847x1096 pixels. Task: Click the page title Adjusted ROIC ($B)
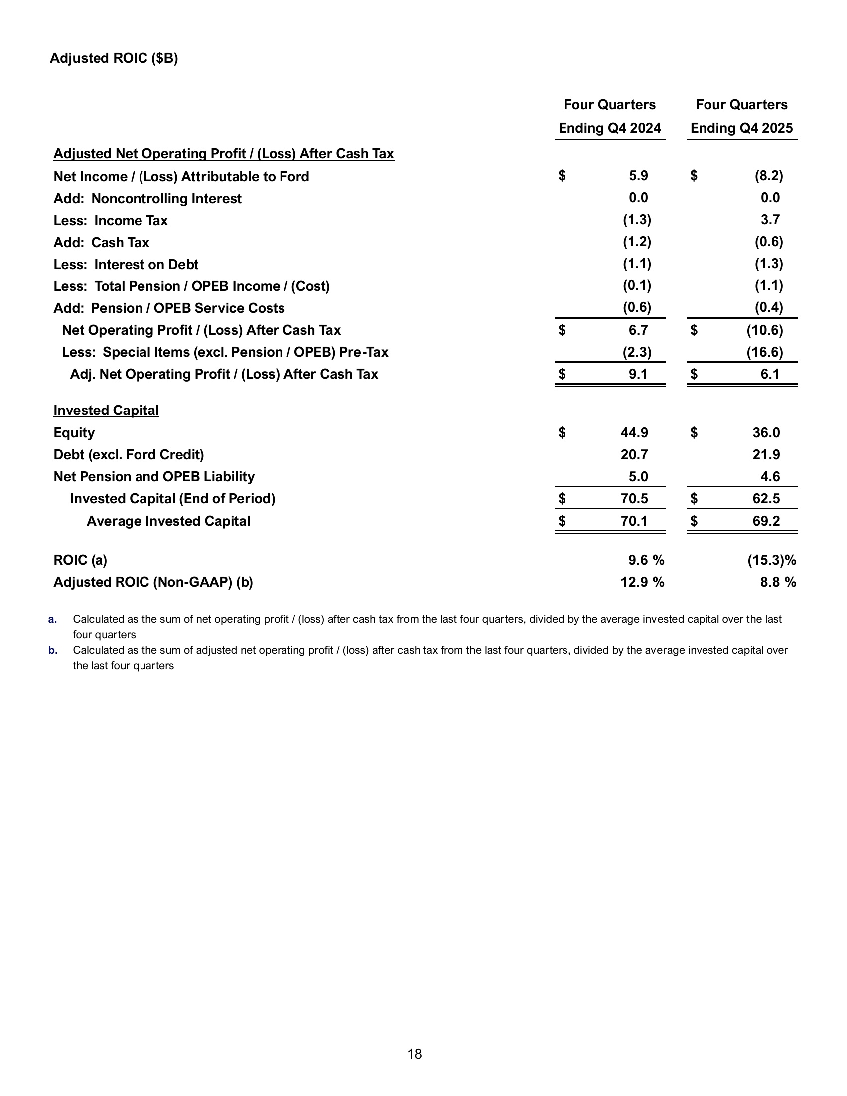[x=114, y=58]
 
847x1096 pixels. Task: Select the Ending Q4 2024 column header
[x=609, y=128]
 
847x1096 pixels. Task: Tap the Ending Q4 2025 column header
[x=741, y=128]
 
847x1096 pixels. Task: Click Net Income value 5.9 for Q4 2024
[x=638, y=176]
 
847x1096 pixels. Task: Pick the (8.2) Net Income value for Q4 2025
[x=768, y=176]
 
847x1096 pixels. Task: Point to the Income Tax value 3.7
[x=770, y=219]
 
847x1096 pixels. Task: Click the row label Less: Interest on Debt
[x=126, y=265]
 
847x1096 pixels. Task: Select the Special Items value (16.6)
[x=764, y=352]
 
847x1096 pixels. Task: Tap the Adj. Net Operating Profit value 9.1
[x=638, y=374]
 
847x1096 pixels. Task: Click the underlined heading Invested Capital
[x=106, y=411]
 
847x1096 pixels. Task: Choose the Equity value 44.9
[x=634, y=432]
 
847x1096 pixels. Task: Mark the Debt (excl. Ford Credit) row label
[x=129, y=455]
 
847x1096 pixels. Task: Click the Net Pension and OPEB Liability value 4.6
[x=770, y=476]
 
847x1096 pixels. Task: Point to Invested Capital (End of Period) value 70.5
[x=634, y=498]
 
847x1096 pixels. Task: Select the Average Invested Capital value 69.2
[x=766, y=521]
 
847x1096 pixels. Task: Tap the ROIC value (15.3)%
[x=771, y=560]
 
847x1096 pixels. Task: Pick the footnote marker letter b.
[x=53, y=650]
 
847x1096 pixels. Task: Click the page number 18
[x=415, y=1054]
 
